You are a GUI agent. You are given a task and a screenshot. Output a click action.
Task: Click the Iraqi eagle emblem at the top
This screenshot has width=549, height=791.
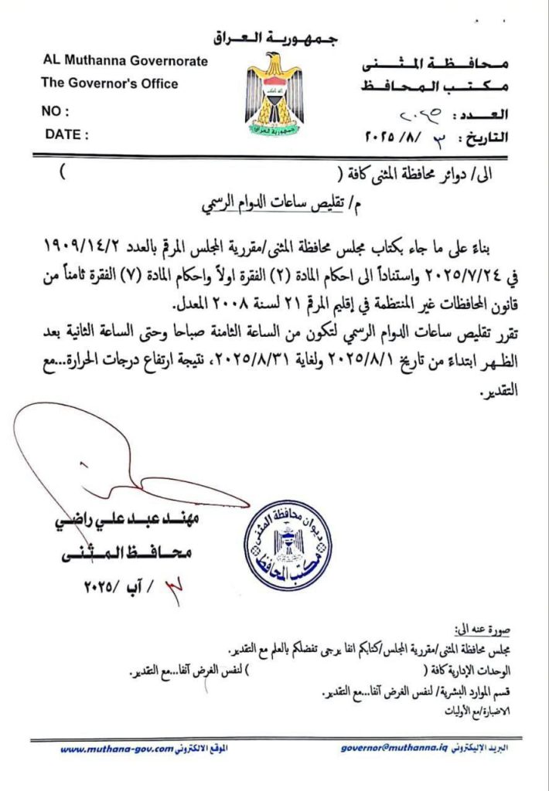click(x=274, y=92)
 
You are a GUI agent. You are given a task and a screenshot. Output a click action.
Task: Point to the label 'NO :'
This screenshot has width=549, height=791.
click(x=55, y=111)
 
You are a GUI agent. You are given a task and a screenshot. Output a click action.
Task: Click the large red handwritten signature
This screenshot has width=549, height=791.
click(x=108, y=456)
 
